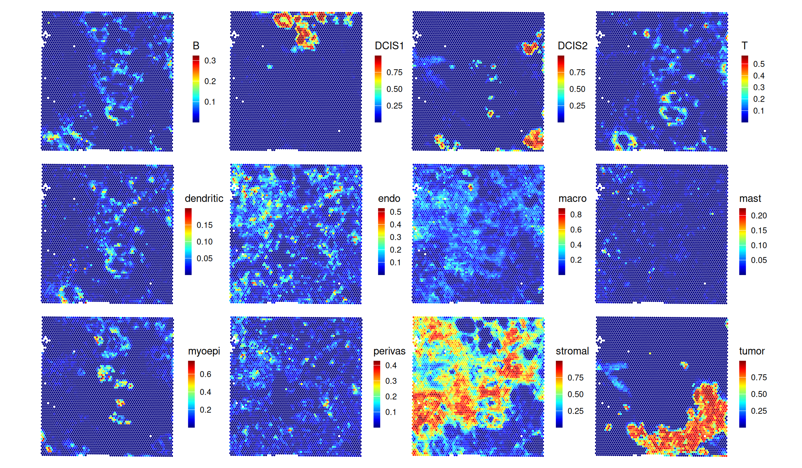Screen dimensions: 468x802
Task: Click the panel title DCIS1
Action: click(x=389, y=46)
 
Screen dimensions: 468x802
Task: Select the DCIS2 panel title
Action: click(x=572, y=46)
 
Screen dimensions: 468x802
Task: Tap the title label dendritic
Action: click(x=204, y=198)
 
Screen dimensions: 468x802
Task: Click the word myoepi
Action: click(x=204, y=351)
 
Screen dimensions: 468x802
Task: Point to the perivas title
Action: click(x=389, y=351)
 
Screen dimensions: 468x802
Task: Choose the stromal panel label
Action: click(x=572, y=351)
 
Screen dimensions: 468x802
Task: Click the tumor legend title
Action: click(x=752, y=351)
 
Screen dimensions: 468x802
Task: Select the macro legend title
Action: click(x=572, y=198)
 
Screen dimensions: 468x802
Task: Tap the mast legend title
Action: click(x=750, y=198)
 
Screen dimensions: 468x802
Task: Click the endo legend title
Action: click(x=389, y=198)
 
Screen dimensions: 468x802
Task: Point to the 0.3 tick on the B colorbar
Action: click(x=210, y=61)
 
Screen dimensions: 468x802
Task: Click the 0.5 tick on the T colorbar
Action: click(x=759, y=64)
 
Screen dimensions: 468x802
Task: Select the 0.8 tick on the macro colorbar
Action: click(x=576, y=214)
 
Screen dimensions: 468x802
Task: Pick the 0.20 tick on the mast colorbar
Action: click(x=759, y=216)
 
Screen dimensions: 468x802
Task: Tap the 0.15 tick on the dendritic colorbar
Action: click(x=205, y=225)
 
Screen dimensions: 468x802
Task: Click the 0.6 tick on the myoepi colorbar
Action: click(x=205, y=374)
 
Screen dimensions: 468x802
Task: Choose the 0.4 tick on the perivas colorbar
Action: click(x=391, y=365)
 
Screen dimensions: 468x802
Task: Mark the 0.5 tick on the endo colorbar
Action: click(x=395, y=212)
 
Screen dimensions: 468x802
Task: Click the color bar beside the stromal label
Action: click(x=559, y=394)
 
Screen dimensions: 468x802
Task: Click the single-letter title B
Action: click(x=196, y=46)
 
